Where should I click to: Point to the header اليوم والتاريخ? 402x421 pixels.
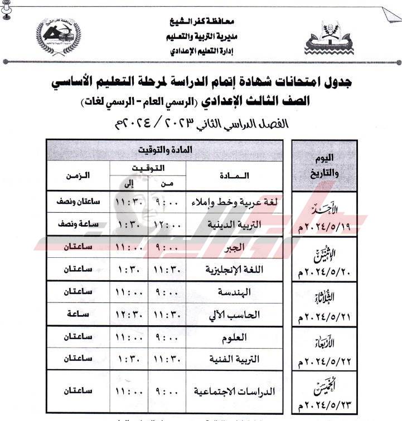pyautogui.click(x=324, y=166)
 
